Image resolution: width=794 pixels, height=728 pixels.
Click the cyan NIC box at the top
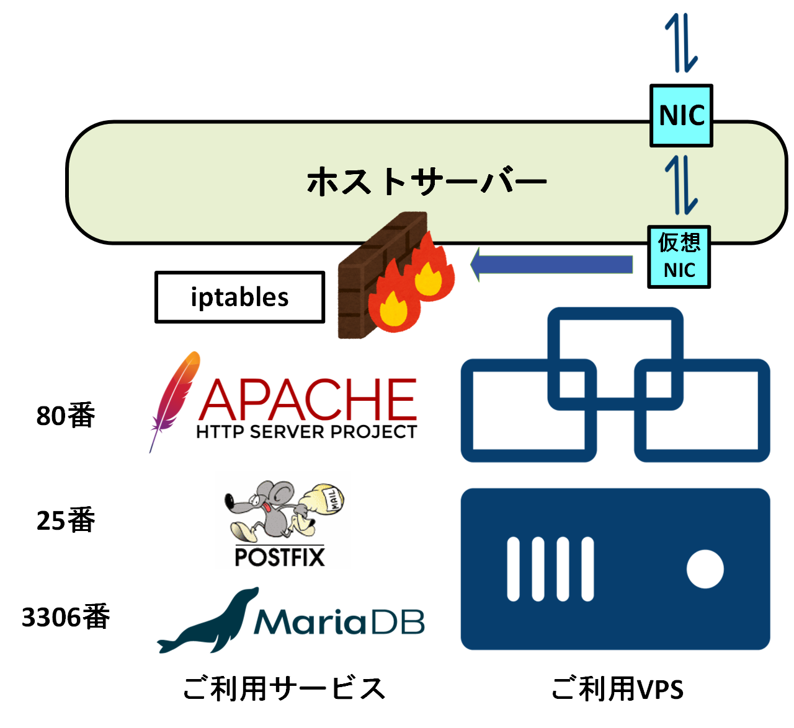[x=681, y=116]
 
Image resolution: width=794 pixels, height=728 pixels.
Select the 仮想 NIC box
[x=679, y=257]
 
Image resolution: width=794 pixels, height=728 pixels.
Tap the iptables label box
[x=239, y=297]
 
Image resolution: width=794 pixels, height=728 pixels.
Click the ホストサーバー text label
[x=426, y=182]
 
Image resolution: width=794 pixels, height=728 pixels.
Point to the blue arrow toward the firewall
[x=552, y=265]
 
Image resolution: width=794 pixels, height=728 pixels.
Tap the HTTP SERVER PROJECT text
[x=306, y=432]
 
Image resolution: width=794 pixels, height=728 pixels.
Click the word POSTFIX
[x=280, y=556]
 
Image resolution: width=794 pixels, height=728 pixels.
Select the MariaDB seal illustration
[x=208, y=623]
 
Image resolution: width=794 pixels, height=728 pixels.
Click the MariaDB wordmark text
[x=339, y=622]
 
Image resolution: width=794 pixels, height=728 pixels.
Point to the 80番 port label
[x=66, y=416]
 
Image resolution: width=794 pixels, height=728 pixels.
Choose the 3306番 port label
[x=66, y=617]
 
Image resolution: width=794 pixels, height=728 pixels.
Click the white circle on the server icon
[x=705, y=569]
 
